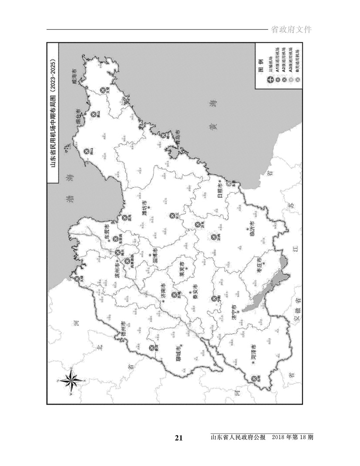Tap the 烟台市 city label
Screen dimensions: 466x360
79,119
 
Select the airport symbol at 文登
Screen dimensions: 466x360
103,90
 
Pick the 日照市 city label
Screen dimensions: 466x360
221,190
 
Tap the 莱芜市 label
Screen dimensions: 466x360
182,269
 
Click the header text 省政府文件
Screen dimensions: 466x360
292,30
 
